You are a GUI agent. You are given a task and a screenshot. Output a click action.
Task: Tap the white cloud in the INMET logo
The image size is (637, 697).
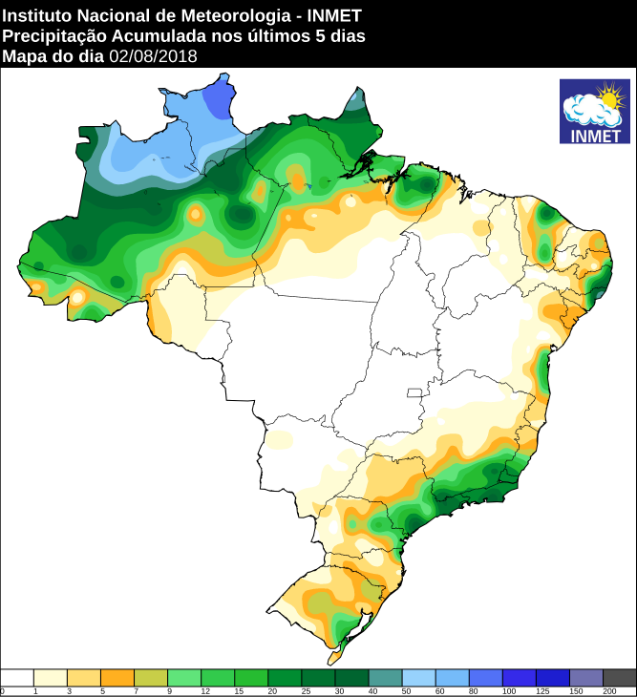pyautogui.click(x=586, y=113)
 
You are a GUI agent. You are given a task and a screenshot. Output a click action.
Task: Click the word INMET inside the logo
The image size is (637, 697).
pyautogui.click(x=594, y=135)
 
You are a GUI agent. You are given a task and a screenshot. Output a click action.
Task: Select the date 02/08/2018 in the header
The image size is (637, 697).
pyautogui.click(x=153, y=55)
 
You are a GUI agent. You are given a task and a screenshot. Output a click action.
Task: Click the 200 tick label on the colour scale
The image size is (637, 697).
pyautogui.click(x=608, y=690)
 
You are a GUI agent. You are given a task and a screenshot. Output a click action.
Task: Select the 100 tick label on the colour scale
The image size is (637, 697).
pyautogui.click(x=508, y=690)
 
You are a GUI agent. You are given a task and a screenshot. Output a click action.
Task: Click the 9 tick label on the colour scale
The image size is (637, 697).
pyautogui.click(x=168, y=690)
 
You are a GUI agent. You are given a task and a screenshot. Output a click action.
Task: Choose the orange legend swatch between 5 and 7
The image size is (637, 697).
pyautogui.click(x=117, y=677)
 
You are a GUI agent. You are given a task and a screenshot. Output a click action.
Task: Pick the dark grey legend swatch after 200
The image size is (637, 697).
pyautogui.click(x=620, y=677)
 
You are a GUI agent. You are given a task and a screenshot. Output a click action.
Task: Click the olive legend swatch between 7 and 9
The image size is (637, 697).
pyautogui.click(x=151, y=677)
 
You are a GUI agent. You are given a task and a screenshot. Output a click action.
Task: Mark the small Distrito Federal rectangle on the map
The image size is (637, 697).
pyautogui.click(x=414, y=392)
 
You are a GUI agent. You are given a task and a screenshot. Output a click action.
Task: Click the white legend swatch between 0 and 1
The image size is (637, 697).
pyautogui.click(x=17, y=677)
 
